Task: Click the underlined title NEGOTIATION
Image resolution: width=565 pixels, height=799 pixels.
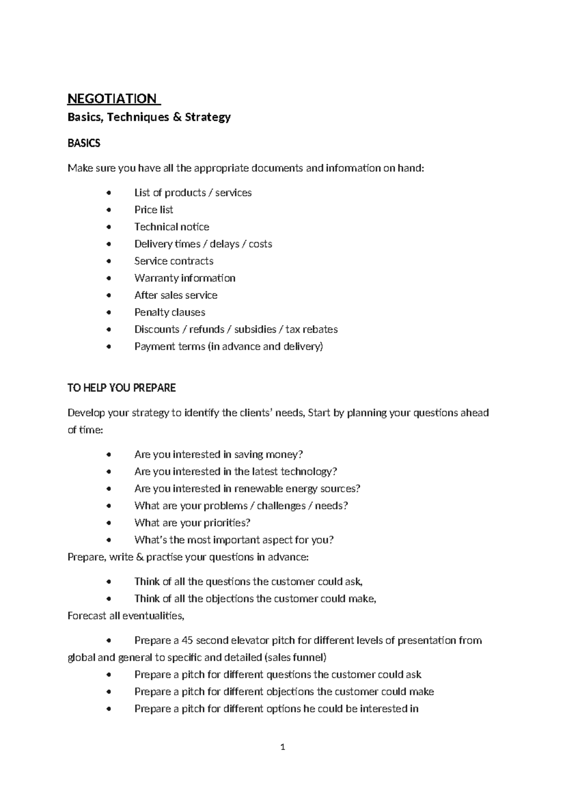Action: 112,98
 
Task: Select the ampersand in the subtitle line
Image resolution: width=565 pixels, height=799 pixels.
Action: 177,117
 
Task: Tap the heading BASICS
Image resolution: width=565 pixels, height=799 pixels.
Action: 84,143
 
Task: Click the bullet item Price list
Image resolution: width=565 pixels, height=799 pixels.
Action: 153,210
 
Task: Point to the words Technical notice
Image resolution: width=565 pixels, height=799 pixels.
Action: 171,227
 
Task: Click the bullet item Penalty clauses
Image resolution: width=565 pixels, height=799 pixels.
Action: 169,312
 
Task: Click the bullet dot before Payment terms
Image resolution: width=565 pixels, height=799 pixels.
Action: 109,346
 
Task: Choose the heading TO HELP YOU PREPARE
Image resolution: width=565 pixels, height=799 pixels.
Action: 121,388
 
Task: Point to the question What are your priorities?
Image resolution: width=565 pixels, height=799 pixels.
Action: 192,522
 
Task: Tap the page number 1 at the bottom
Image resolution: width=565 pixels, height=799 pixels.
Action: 282,747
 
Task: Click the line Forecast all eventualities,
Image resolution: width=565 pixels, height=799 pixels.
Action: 126,616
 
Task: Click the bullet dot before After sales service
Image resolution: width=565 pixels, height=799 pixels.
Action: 109,295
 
